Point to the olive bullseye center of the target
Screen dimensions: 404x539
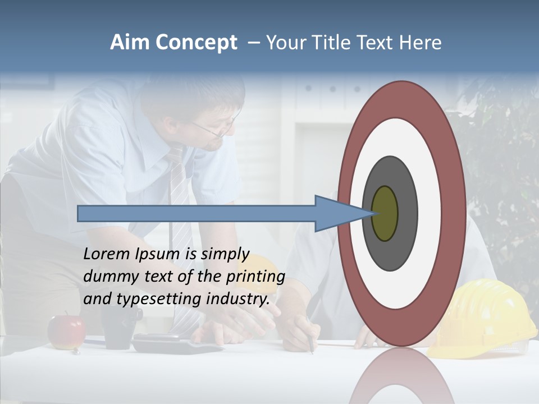[x=385, y=214]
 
